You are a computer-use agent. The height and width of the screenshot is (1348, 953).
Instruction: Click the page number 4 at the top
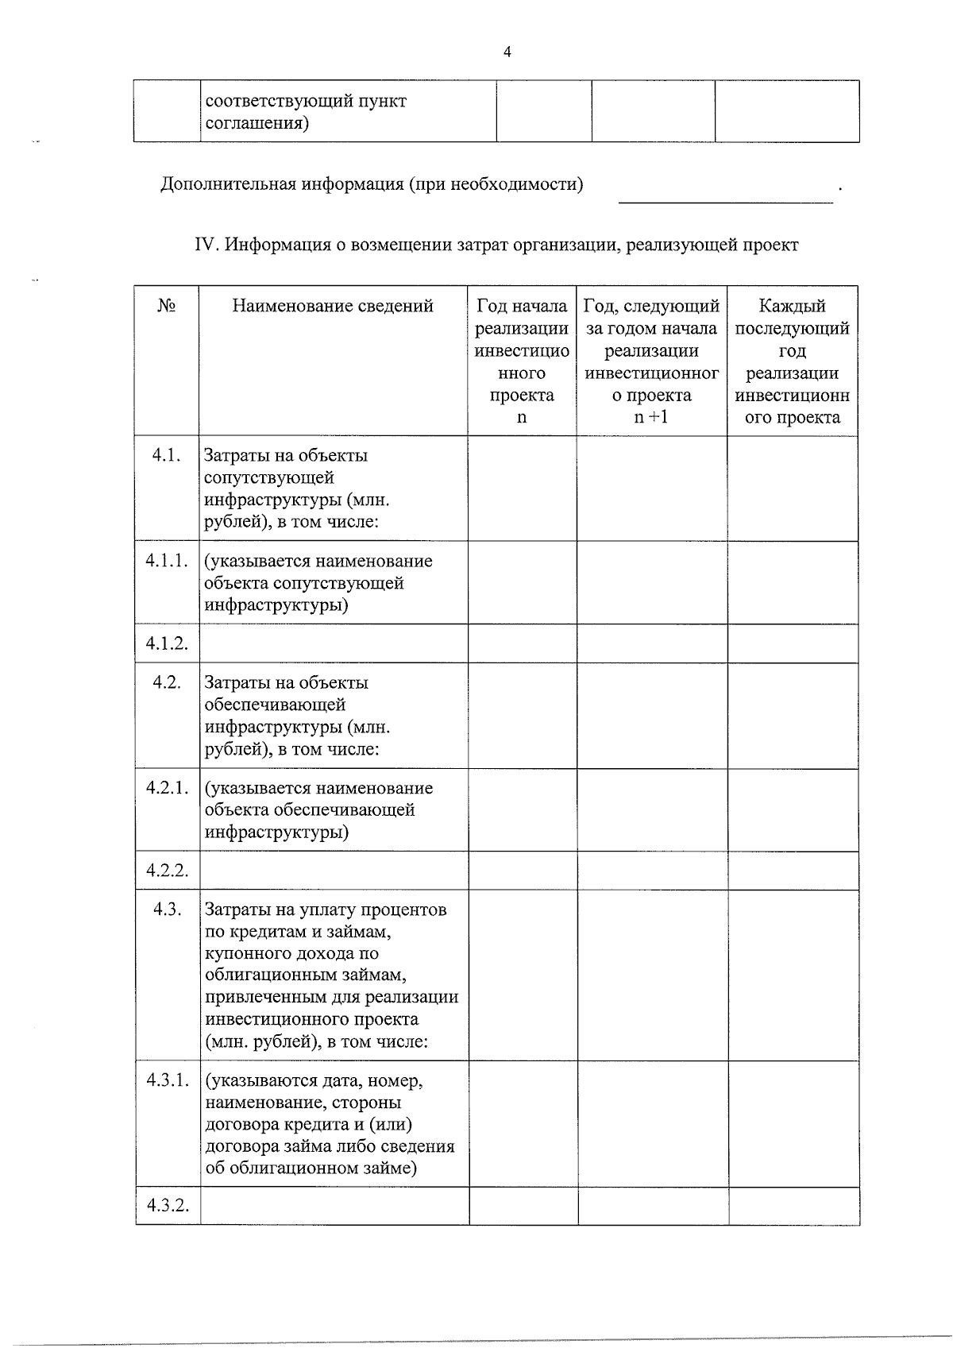tap(507, 52)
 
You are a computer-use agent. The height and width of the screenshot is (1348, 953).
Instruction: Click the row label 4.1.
tap(166, 455)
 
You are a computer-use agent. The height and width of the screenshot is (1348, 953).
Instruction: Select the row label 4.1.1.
tap(167, 561)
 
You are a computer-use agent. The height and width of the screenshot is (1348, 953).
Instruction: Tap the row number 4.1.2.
tap(167, 643)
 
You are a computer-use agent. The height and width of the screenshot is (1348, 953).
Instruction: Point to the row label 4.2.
tap(166, 682)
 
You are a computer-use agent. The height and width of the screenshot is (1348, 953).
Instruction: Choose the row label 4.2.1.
tap(167, 788)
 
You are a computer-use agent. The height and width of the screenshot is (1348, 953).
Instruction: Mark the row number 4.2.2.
tap(167, 871)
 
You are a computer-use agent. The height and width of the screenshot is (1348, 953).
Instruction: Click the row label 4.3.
tap(166, 910)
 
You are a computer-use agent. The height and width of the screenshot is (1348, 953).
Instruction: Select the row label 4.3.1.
tap(167, 1080)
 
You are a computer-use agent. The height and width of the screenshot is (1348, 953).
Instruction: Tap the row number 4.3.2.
tap(167, 1206)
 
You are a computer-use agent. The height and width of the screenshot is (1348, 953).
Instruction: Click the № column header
tap(166, 306)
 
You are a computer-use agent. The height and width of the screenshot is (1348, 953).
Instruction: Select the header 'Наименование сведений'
tap(333, 306)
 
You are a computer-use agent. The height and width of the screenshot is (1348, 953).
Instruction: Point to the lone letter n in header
tap(522, 418)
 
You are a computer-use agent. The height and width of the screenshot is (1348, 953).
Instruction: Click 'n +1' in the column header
tap(651, 418)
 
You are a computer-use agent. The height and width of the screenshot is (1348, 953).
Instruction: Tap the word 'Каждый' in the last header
tap(792, 306)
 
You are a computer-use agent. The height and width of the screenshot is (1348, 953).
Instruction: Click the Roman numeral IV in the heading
tap(205, 245)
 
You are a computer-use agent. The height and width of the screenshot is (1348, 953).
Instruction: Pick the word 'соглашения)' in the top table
tap(257, 124)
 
